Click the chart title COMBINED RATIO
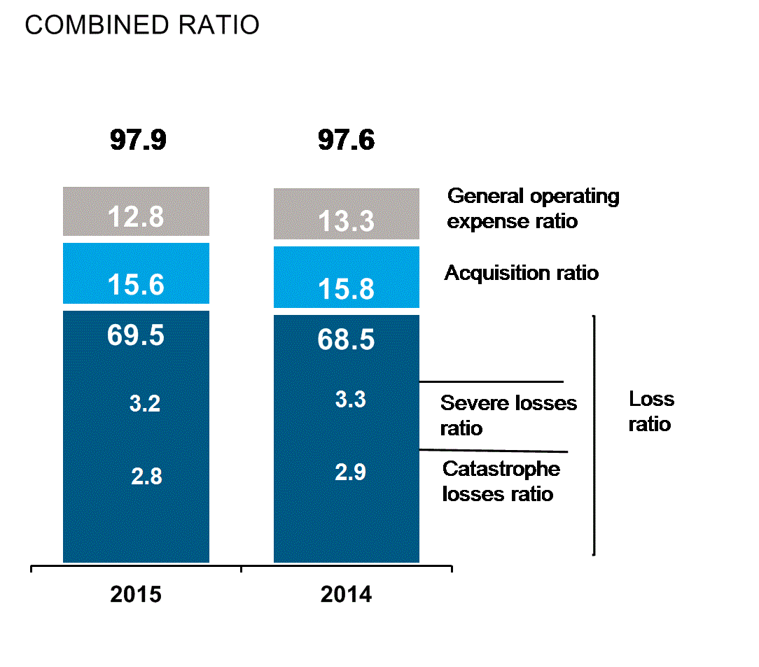(142, 25)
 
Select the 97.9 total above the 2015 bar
(138, 140)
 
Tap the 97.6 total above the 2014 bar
(347, 140)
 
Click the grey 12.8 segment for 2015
(136, 212)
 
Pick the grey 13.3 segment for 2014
(347, 214)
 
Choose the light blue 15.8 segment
(347, 277)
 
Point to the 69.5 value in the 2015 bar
(136, 335)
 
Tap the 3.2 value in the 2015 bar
(146, 404)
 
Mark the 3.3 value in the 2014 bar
(350, 400)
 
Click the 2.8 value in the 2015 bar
(146, 477)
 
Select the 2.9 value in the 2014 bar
(350, 472)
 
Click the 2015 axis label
(136, 595)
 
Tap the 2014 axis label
(347, 595)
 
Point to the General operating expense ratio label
(533, 208)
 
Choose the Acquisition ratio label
(522, 272)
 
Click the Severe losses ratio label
(508, 415)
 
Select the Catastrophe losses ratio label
(501, 481)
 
